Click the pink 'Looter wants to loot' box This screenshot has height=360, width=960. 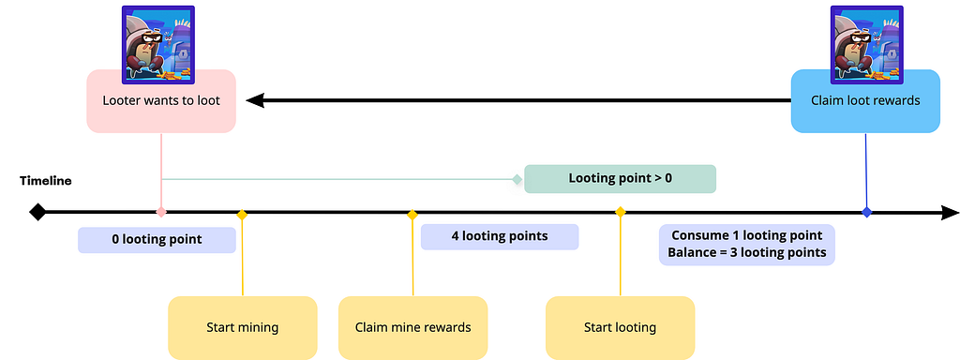(x=161, y=101)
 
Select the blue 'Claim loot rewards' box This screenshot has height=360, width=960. (x=865, y=101)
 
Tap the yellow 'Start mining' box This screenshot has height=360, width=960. (x=243, y=327)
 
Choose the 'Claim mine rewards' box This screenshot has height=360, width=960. (x=412, y=327)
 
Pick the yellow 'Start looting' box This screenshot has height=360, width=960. (x=621, y=327)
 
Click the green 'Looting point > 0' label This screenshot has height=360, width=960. (x=621, y=179)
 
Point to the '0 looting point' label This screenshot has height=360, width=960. (x=157, y=240)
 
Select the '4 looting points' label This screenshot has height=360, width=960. (x=500, y=237)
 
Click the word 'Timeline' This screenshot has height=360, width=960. (x=45, y=181)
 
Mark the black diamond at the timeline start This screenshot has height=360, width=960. (x=37, y=213)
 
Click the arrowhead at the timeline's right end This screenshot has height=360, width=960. (x=950, y=213)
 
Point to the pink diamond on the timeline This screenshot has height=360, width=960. (x=161, y=213)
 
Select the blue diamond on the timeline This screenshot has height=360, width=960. (x=866, y=213)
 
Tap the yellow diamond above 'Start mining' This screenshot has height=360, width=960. (x=242, y=215)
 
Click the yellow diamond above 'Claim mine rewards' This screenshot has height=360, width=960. (x=412, y=215)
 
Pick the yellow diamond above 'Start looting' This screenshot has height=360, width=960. (x=621, y=212)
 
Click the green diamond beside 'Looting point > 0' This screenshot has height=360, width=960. (x=517, y=179)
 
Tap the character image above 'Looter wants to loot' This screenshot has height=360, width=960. (x=158, y=45)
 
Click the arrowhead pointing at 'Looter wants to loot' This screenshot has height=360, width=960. (x=255, y=100)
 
